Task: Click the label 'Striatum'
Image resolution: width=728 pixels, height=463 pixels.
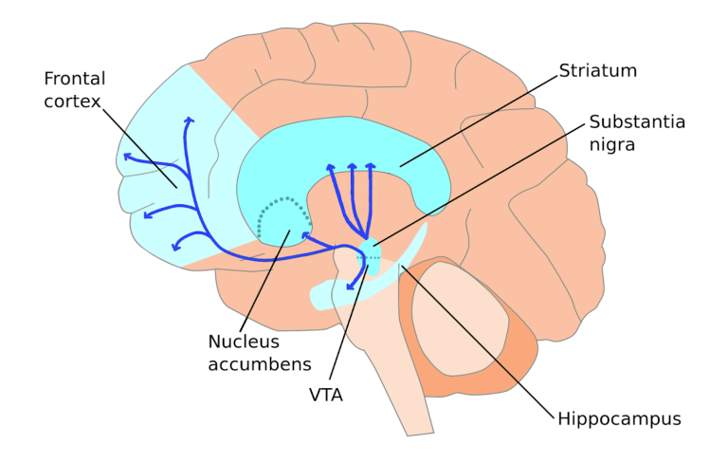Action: coord(597,71)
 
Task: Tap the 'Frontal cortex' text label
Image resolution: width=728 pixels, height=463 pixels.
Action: coord(74,88)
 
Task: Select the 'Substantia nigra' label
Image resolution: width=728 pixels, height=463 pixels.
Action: coord(636,133)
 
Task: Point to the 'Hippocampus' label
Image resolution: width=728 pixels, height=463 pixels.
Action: coord(619,417)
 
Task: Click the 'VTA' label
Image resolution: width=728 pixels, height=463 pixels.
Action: coord(325,394)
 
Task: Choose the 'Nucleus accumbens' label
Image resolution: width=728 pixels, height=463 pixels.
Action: coord(260,352)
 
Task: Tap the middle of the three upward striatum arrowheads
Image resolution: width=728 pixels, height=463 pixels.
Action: coord(352,167)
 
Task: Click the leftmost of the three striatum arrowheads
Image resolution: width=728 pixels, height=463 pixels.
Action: coord(330,168)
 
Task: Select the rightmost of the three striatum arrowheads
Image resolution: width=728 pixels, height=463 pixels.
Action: coord(371,167)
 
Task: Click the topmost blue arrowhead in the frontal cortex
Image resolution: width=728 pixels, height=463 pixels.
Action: coord(189,120)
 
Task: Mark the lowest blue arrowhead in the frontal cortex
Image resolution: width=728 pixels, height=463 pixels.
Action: coord(176,248)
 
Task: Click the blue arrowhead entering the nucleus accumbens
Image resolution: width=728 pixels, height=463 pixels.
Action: coord(306,233)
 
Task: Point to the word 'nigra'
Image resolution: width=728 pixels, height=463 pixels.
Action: coord(612,145)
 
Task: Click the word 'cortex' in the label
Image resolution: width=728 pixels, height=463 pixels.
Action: coord(70,101)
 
